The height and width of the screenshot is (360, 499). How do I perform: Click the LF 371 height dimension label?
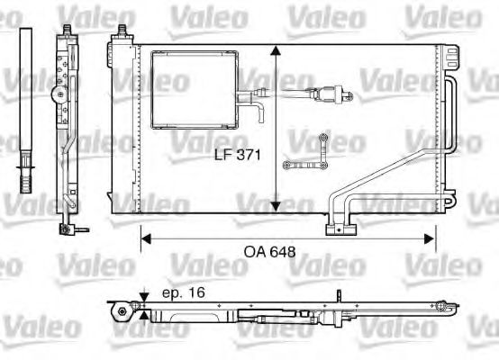[237, 155]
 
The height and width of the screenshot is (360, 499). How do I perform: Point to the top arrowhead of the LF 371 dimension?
[277, 49]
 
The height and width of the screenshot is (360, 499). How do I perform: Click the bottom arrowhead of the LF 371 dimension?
[277, 208]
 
